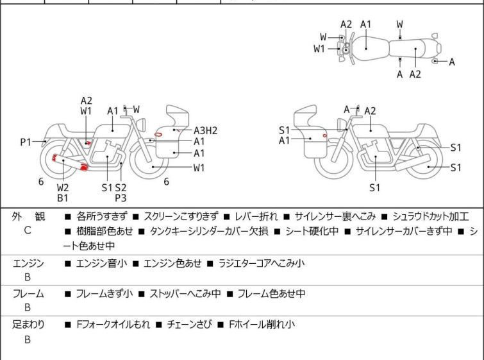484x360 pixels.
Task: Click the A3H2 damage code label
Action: coord(205,130)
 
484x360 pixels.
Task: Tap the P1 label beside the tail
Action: coord(26,142)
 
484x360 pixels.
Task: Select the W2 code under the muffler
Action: coord(63,187)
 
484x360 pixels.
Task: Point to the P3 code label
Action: coord(121,198)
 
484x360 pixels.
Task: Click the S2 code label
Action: coord(121,187)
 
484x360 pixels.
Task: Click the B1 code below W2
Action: coord(63,198)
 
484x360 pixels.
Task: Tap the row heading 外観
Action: coord(28,216)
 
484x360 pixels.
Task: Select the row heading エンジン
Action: coord(28,263)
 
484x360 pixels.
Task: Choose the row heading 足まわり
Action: coord(28,325)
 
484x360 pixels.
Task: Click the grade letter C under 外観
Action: coord(28,230)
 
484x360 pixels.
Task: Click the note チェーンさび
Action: coord(190,325)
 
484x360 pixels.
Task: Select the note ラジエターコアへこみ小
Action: coord(262,263)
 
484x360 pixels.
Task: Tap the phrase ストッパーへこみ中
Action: coord(185,293)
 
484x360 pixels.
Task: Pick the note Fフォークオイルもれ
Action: coord(113,325)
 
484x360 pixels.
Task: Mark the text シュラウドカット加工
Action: coord(431,216)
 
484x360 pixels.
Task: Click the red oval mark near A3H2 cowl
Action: coord(158,134)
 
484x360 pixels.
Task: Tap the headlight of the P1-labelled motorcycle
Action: coord(141,124)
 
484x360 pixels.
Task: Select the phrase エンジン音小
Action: coord(101,263)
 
